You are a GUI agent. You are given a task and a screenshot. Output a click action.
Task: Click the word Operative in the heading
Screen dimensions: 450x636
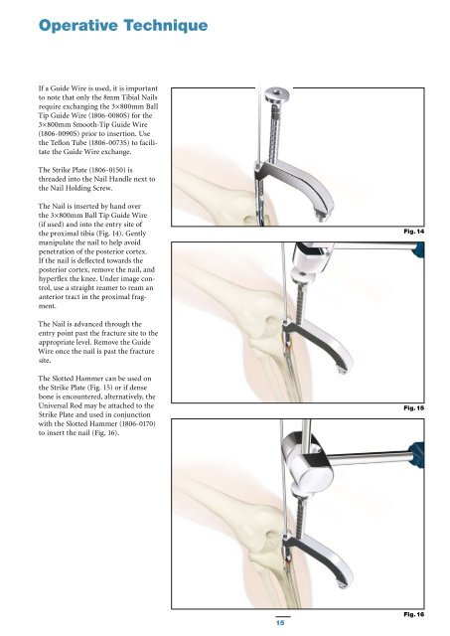coord(77,26)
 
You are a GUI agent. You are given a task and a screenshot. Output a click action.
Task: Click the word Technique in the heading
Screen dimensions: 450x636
coord(166,26)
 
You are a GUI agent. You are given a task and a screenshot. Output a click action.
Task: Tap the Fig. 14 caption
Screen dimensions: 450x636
coord(413,232)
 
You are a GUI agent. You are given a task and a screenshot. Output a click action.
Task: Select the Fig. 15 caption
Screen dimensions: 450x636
coord(413,407)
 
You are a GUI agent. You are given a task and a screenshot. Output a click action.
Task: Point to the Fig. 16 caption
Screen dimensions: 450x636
coord(413,614)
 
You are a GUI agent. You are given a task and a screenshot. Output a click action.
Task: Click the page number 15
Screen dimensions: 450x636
coord(280,622)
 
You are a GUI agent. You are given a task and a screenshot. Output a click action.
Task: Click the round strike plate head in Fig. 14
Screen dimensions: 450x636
coord(277,95)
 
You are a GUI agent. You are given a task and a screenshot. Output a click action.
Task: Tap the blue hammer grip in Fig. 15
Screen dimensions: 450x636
coord(419,249)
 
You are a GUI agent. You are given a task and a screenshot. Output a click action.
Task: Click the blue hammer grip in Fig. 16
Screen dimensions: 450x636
coord(417,455)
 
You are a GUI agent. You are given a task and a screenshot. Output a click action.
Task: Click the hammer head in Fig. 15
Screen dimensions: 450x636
coord(312,258)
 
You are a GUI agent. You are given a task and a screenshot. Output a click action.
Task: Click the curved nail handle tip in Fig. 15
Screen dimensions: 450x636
coord(341,370)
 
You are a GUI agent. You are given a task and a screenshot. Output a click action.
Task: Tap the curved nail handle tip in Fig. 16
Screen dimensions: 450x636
coord(342,584)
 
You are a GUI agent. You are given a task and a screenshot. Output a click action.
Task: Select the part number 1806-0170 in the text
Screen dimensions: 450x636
coord(139,424)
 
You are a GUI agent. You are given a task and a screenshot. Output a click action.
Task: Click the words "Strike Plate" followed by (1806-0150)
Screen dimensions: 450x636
coord(71,170)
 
